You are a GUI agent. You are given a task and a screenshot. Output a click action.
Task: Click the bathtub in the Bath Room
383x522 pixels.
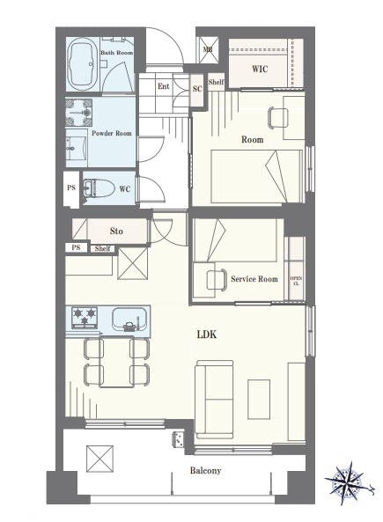[x=82, y=64]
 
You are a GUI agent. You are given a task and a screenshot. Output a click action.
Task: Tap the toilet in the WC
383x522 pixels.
[x=99, y=188]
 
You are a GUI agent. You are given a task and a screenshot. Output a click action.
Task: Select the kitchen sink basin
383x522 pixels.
[x=129, y=319]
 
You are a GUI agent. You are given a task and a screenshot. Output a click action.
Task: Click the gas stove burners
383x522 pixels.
[x=85, y=317]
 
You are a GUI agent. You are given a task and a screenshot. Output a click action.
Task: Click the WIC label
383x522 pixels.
[x=260, y=69]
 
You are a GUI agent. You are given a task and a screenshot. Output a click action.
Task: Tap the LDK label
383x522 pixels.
[x=207, y=335]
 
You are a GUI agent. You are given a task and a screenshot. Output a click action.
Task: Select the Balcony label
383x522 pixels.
[x=205, y=470]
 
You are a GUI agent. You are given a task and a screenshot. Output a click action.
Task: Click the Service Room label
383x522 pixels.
[x=254, y=279]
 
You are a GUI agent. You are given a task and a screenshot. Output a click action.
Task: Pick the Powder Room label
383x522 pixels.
[x=112, y=133]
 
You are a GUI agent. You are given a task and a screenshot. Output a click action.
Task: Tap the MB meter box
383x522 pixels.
[x=209, y=49]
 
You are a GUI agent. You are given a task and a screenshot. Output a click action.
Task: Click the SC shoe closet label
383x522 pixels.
[x=197, y=89]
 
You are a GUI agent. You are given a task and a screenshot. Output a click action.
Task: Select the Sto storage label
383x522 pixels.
[x=116, y=231]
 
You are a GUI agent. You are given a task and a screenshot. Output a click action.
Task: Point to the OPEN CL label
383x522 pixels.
[x=296, y=281]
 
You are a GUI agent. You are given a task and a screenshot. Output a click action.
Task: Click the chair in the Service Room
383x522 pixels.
[x=217, y=280]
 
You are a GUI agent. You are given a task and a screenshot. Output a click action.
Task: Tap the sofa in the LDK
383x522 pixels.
[x=214, y=400]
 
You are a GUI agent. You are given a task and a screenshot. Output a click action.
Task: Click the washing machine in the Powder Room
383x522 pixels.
[x=79, y=112]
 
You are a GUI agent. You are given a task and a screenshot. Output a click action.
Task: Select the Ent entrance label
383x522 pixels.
[x=164, y=86]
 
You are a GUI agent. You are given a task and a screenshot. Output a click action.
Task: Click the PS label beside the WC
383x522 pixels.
[x=71, y=187]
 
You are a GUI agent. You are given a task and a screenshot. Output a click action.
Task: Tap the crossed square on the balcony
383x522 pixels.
[x=99, y=459]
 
